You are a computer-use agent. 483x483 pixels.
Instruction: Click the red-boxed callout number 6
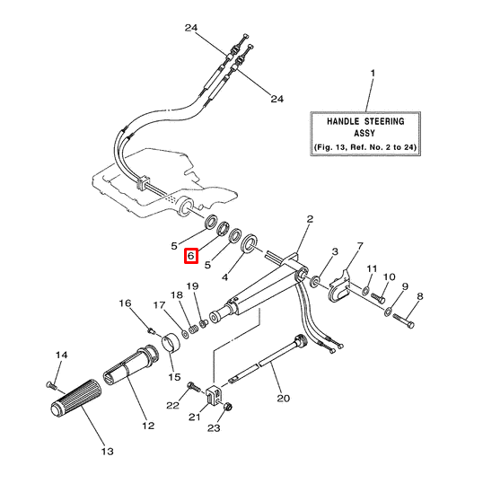190,257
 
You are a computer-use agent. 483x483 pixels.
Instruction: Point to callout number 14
61,356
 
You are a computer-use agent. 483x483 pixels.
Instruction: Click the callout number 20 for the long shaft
283,398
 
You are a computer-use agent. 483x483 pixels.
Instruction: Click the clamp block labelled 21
216,392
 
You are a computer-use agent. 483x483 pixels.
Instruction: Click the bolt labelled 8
409,315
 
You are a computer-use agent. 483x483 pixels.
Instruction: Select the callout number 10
390,277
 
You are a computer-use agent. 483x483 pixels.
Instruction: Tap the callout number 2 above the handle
310,219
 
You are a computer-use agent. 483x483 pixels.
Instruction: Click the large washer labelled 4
250,241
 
